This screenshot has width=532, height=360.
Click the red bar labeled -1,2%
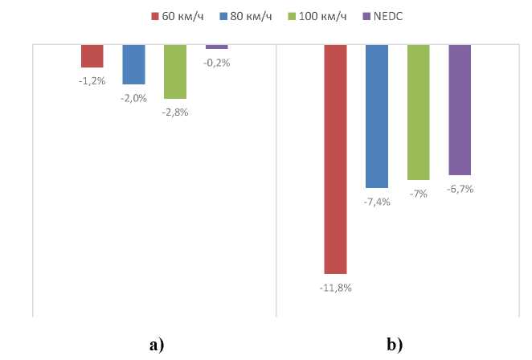[92, 55]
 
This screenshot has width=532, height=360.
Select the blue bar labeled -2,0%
[133, 64]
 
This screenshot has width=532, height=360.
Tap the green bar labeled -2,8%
[175, 72]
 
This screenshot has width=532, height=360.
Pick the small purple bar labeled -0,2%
[217, 47]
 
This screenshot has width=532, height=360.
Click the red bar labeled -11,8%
[335, 159]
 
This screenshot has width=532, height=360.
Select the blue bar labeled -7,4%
[377, 116]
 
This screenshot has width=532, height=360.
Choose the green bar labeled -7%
[419, 112]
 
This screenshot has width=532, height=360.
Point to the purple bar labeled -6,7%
[460, 109]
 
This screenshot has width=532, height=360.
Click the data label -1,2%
[92, 81]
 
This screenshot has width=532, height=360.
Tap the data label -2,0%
[133, 98]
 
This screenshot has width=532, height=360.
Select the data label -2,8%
[175, 112]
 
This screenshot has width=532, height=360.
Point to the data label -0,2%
[217, 63]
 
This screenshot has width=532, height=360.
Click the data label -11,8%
[335, 288]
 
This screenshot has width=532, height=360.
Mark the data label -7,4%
[377, 202]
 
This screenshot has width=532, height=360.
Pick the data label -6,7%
[460, 190]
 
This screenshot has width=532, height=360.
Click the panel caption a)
[156, 346]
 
